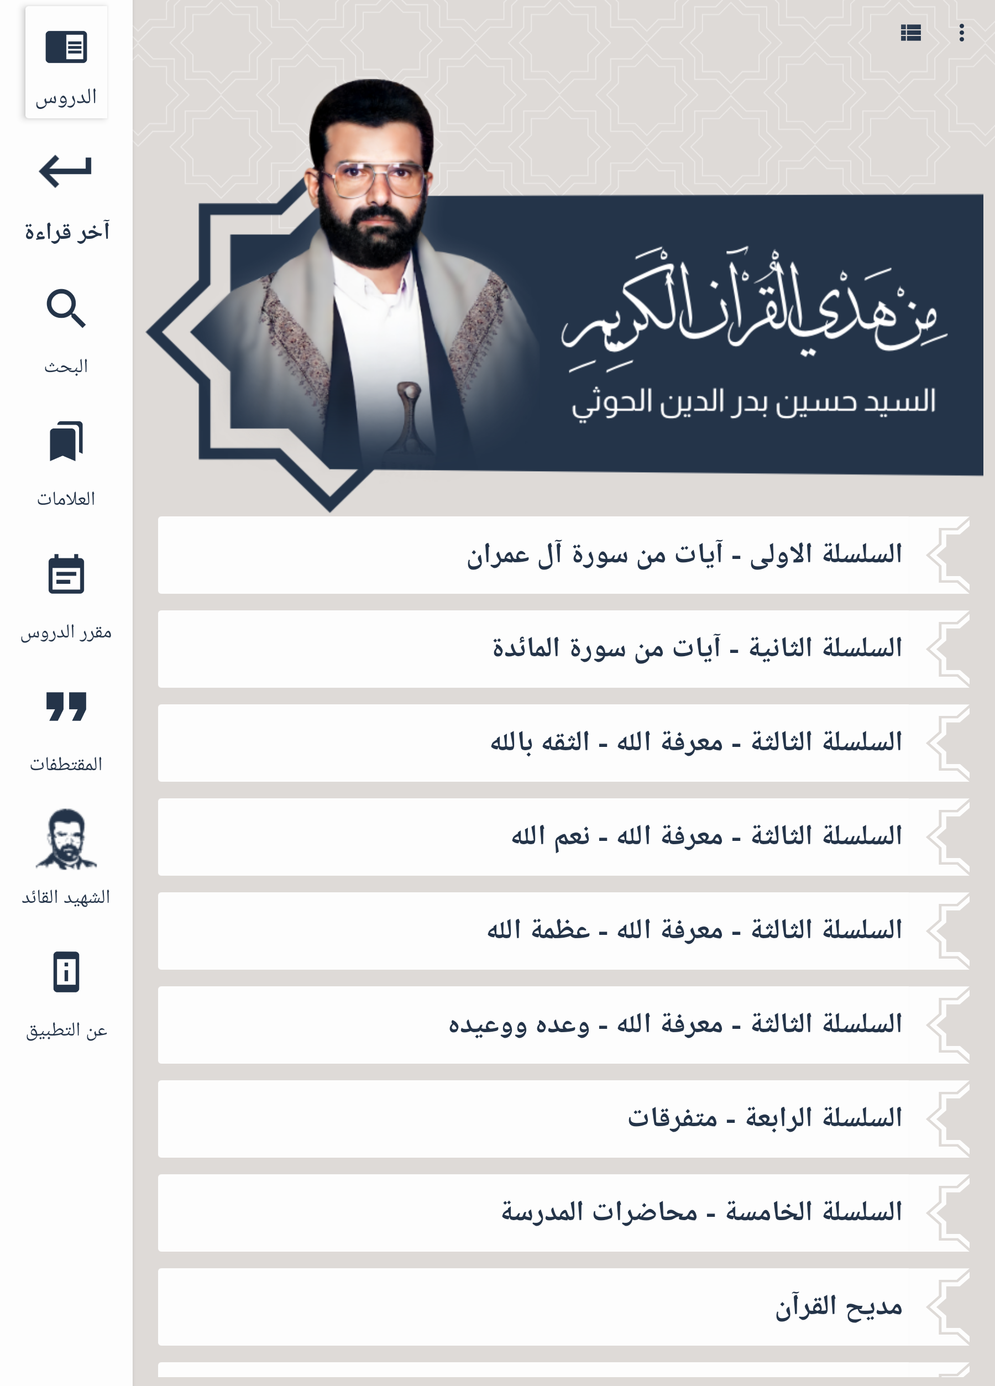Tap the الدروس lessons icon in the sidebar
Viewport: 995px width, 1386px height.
click(66, 48)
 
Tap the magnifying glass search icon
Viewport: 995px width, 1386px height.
click(66, 308)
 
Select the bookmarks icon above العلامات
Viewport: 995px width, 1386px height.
click(66, 441)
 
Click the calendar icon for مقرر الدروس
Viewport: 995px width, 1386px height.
click(66, 574)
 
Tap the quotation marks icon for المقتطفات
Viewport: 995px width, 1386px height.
click(66, 707)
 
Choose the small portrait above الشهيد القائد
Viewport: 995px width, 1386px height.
click(66, 839)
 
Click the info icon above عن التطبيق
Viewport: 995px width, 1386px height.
click(66, 972)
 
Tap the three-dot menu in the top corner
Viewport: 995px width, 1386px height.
click(961, 33)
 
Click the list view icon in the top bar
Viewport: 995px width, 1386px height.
click(910, 33)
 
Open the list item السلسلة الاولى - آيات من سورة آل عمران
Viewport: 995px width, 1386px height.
click(563, 555)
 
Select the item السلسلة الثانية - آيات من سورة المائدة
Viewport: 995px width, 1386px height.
click(563, 649)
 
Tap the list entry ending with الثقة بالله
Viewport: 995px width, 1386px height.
click(563, 743)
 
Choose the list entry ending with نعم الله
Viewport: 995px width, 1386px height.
click(563, 837)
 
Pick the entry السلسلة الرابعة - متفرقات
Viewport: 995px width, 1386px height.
click(563, 1119)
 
